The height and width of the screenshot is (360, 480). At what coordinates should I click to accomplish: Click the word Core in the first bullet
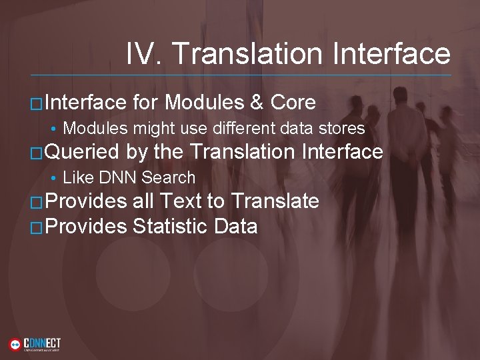293,103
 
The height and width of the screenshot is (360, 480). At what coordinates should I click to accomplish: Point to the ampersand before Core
257,103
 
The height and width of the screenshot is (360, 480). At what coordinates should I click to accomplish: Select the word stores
343,127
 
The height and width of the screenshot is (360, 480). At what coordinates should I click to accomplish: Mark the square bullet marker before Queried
37,153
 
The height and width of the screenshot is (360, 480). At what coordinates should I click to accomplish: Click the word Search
169,177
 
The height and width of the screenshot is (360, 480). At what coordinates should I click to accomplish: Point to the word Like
78,177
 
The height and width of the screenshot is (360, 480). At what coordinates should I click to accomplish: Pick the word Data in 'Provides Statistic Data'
236,226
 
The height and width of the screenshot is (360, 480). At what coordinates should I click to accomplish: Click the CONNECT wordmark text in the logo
42,341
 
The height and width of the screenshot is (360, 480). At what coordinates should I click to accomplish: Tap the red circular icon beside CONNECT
15,344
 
